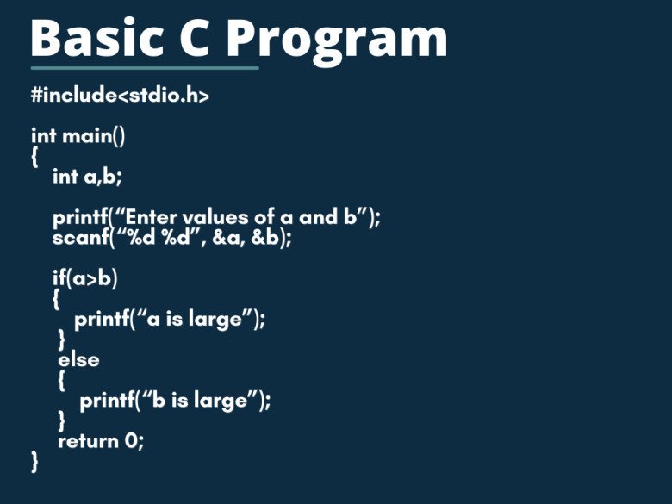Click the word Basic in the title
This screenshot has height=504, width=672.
[96, 38]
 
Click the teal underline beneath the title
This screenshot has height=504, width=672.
[145, 68]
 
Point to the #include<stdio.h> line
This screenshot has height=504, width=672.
[120, 95]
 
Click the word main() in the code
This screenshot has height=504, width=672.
[93, 136]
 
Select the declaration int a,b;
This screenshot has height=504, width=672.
[87, 177]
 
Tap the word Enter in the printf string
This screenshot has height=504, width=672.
[150, 217]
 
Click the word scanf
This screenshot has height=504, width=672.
[81, 237]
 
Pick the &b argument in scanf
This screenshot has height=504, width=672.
[264, 237]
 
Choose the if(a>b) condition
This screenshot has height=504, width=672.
[84, 278]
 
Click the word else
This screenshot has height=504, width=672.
[78, 359]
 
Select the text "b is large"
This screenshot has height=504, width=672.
[200, 401]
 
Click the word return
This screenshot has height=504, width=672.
[88, 441]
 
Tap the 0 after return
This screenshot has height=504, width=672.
[132, 441]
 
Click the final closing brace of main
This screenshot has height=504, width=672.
[34, 462]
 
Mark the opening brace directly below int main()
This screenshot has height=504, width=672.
[34, 157]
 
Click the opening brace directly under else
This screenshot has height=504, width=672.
[62, 380]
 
